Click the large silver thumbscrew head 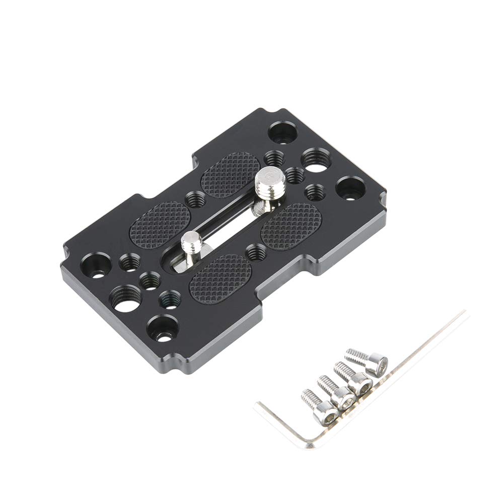(x=270, y=180)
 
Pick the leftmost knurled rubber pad (x=161, y=225)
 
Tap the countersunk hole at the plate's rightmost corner (x=350, y=188)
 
